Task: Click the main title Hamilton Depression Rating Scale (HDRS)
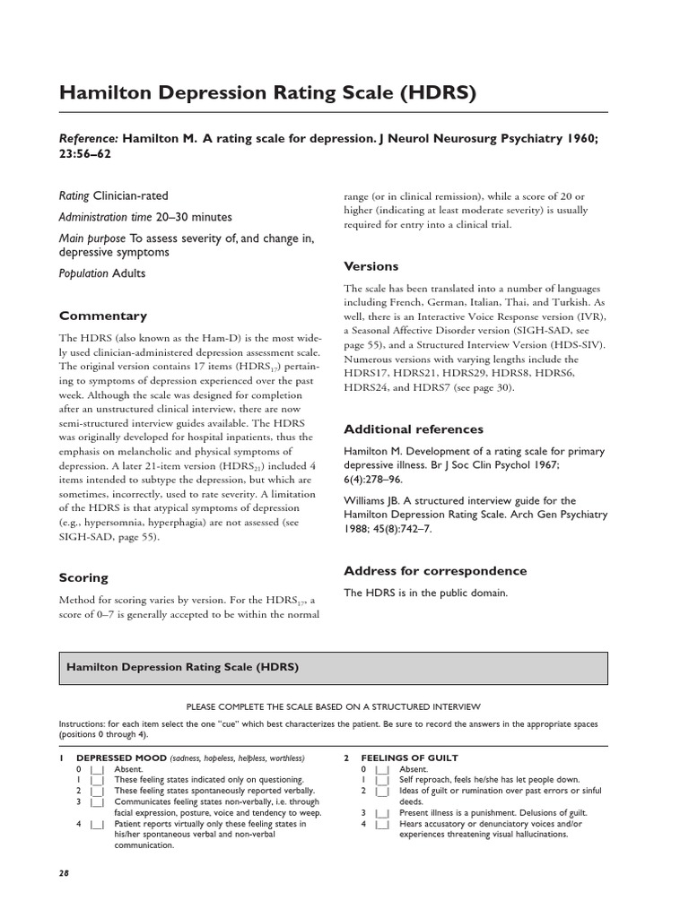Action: point(266,92)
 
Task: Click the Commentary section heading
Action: point(103,316)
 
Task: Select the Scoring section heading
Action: point(83,577)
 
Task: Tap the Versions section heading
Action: point(371,266)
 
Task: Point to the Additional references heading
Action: point(414,429)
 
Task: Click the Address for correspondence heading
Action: point(435,570)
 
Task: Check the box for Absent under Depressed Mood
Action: point(97,769)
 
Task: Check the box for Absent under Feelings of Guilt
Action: point(382,769)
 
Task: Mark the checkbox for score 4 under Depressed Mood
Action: point(97,823)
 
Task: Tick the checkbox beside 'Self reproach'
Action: point(382,780)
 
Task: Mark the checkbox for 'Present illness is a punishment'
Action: point(382,812)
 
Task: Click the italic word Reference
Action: point(88,139)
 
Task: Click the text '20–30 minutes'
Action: point(193,217)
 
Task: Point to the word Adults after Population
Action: point(128,273)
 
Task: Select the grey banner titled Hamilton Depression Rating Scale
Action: point(333,668)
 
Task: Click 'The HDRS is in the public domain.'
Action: point(426,593)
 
